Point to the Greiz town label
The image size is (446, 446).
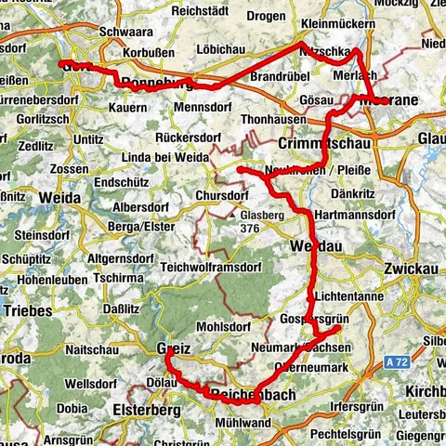click(174, 348)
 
